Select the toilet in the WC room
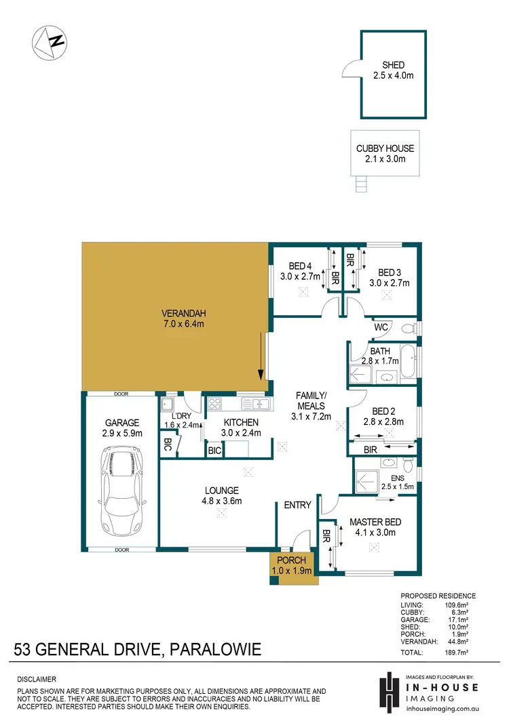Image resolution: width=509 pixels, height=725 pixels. point(408,329)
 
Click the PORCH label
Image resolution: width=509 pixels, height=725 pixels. point(293,561)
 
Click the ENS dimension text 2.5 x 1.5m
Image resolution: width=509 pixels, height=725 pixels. point(397,486)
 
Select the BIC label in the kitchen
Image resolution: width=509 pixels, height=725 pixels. point(215,450)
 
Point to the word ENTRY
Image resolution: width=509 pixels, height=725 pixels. point(297,505)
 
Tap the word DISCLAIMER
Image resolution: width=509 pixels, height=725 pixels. point(37,678)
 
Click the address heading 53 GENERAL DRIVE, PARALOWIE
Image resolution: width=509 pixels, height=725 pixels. point(137,651)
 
